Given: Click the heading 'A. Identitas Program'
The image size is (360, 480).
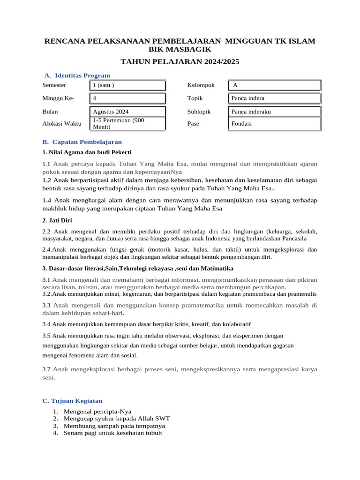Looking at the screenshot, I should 77,75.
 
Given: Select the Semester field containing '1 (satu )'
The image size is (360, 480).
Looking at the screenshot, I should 127,85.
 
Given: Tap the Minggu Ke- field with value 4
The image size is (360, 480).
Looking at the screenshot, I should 127,98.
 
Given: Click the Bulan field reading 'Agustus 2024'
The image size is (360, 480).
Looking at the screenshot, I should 127,112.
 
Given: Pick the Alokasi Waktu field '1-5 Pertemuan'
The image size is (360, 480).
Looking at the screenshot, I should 127,124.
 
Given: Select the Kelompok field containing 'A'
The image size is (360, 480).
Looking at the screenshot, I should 275,85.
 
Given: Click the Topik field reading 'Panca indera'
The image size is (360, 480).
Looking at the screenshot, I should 275,98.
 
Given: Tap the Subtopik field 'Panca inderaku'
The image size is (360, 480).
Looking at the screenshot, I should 275,112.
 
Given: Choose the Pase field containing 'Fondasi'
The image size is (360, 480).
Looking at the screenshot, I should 275,124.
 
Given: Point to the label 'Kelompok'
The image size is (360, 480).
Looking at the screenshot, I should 201,85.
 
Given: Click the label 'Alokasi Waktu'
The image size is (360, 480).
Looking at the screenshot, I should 61,124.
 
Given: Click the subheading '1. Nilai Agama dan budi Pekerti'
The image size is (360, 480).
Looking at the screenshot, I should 87,152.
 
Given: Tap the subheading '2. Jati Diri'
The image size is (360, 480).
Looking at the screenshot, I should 57,220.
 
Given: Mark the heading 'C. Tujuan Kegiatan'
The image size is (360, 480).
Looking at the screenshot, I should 72,401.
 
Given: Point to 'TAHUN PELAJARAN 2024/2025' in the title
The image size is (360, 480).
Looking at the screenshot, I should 180,61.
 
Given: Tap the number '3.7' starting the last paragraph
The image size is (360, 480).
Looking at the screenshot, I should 47,369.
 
